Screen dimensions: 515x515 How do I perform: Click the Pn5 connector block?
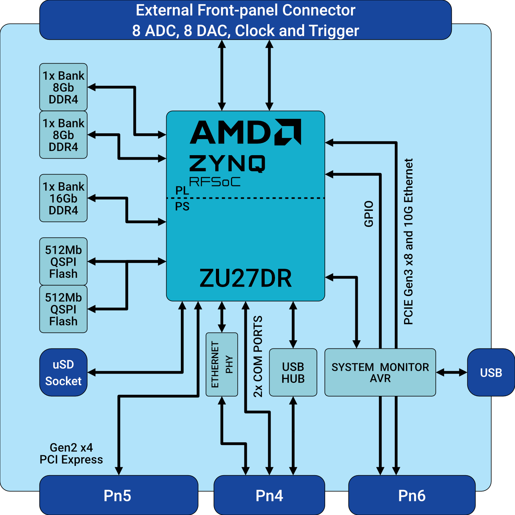(x=118, y=495)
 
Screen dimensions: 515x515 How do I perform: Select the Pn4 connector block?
(x=269, y=495)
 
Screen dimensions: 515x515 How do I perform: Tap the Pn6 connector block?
(x=412, y=495)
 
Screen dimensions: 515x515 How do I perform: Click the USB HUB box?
(x=293, y=373)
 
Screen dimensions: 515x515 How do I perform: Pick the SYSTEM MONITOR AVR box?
(x=380, y=373)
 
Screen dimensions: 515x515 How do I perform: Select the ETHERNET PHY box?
(x=222, y=364)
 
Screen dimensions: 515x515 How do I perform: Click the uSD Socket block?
(x=63, y=373)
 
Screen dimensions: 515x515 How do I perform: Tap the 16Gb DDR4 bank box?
(x=63, y=198)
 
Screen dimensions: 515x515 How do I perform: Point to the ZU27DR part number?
(x=245, y=278)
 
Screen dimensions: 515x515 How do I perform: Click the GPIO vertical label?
(x=369, y=214)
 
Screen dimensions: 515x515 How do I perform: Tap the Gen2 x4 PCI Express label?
(x=71, y=454)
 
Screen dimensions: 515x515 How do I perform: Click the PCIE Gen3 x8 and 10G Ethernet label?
(x=408, y=241)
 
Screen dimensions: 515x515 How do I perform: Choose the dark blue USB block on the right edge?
(x=491, y=373)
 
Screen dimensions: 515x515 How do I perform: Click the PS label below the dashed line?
(x=182, y=206)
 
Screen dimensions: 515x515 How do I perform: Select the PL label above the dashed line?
(x=182, y=191)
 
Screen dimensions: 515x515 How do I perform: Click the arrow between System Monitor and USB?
(x=451, y=373)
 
